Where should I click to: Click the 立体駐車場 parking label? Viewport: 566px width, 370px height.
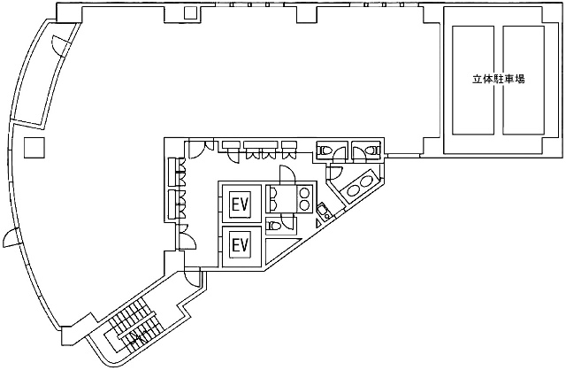498,79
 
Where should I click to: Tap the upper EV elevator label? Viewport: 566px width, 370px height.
241,204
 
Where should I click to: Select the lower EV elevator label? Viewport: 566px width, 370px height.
241,245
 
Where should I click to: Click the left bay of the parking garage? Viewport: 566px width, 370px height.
473,81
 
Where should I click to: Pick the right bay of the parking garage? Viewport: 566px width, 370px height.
524,81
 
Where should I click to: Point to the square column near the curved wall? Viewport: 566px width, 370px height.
34,148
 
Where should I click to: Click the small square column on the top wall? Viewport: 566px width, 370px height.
190,12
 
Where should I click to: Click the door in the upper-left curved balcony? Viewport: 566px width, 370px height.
60,45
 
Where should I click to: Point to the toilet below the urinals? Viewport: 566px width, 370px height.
273,226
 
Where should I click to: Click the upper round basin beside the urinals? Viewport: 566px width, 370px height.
305,192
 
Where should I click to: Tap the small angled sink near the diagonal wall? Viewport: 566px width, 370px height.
323,211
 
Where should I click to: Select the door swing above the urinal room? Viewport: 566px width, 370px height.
287,173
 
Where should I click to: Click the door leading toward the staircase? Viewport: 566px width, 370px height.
192,278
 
